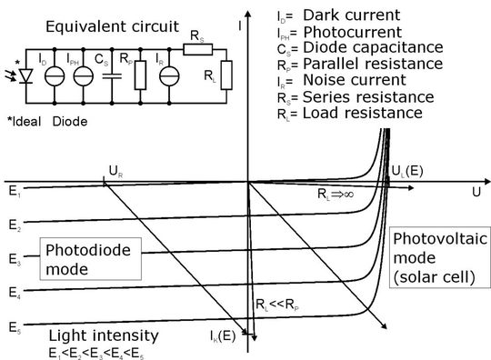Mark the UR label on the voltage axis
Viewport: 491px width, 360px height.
pyautogui.click(x=114, y=169)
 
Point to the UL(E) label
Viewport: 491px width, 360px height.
pyautogui.click(x=406, y=170)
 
